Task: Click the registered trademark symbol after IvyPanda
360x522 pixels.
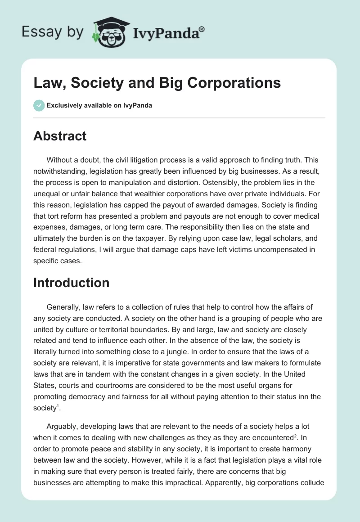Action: [202, 29]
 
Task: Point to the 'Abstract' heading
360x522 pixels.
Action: [60, 136]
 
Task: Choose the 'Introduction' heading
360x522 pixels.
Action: [71, 283]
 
